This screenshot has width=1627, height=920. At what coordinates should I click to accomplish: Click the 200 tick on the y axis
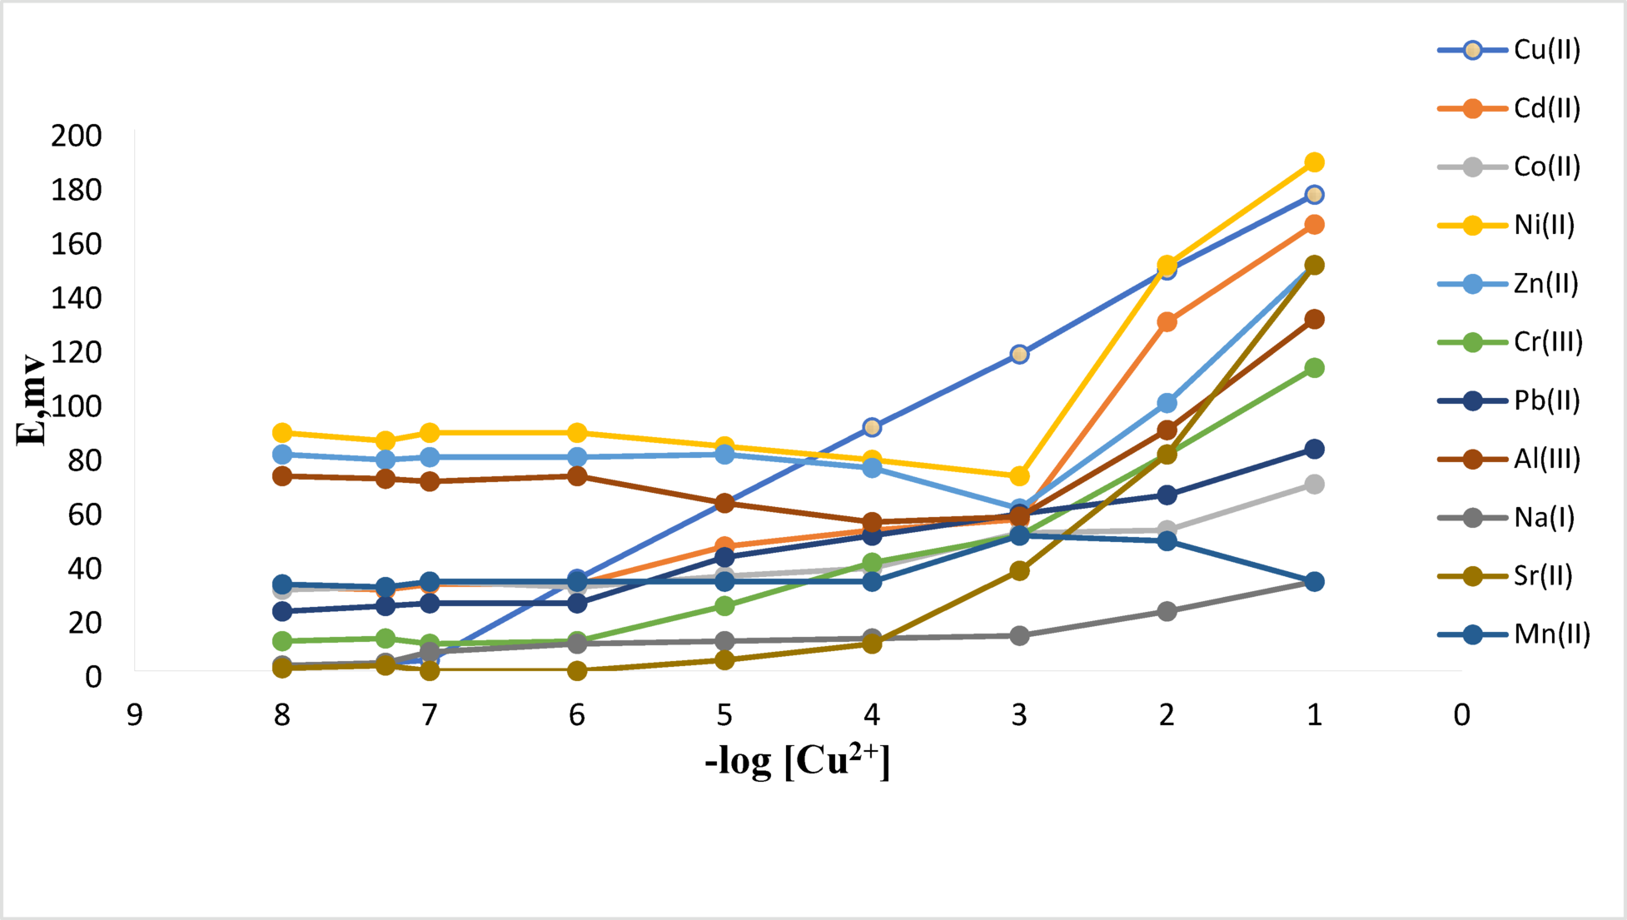click(x=77, y=136)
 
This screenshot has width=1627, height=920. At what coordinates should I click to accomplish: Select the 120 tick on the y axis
click(x=77, y=352)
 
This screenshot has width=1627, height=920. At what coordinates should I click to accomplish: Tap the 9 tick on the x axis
click(x=134, y=715)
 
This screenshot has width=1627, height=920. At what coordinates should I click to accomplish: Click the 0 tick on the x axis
click(x=1462, y=715)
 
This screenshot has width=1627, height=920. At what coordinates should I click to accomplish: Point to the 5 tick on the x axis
click(x=724, y=715)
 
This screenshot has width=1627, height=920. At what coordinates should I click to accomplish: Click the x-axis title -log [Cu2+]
click(x=797, y=760)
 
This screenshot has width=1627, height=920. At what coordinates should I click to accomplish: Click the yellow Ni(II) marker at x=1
click(x=1314, y=162)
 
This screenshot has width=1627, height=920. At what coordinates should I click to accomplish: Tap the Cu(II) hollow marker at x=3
click(x=1019, y=355)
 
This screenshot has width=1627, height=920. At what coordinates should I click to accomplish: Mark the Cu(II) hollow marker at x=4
click(x=872, y=427)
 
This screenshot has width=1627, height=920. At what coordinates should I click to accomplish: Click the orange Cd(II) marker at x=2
click(x=1167, y=322)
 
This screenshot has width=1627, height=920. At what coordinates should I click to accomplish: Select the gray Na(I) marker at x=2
click(x=1167, y=611)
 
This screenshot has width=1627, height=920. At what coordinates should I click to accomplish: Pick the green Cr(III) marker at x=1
click(x=1314, y=368)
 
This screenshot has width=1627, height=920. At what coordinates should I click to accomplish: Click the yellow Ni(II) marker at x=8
click(x=282, y=433)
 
